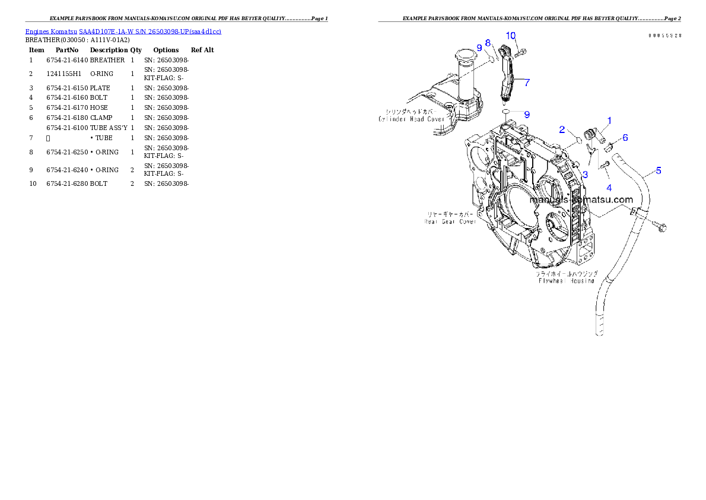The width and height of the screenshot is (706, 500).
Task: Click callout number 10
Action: (511, 36)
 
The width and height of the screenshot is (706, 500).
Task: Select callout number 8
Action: (488, 43)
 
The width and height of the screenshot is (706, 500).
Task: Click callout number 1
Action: (609, 121)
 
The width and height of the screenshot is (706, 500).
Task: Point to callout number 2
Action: (561, 130)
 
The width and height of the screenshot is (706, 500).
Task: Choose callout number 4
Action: (609, 188)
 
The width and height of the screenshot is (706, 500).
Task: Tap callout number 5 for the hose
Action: (659, 170)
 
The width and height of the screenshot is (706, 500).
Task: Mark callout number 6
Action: (625, 137)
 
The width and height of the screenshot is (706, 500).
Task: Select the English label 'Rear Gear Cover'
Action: (450, 221)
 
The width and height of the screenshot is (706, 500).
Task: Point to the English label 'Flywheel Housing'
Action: (566, 281)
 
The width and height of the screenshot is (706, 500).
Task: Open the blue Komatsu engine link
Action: (123, 31)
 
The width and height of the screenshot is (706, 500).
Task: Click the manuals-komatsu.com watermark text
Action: (581, 200)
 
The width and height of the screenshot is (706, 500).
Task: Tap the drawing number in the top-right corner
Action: (664, 36)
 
